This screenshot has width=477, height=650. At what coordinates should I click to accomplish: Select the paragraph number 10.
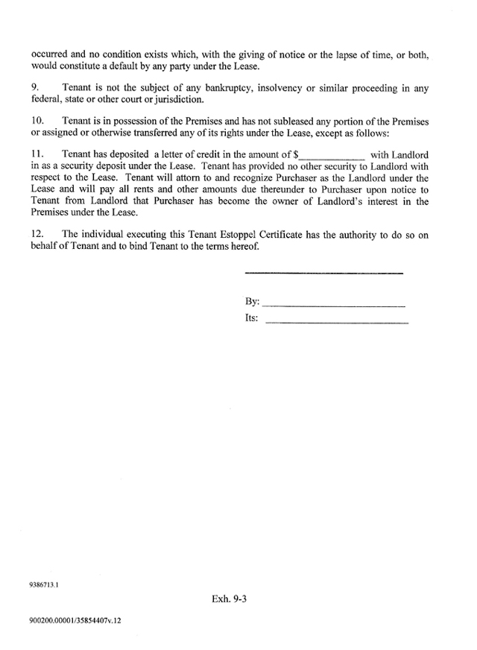pos(37,121)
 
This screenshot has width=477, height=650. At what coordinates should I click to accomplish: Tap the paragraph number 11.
pos(37,154)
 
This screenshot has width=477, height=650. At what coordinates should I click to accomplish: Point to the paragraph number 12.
pos(37,235)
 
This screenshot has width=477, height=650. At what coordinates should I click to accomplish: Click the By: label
pos(252,302)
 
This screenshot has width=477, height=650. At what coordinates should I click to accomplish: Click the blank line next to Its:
pos(336,323)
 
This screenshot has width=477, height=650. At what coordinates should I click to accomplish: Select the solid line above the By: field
pos(323,274)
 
